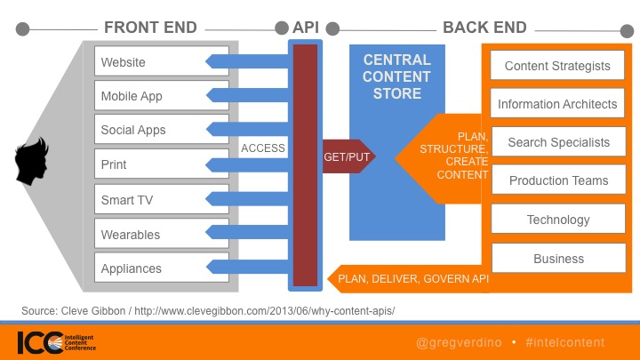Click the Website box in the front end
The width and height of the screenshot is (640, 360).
162,60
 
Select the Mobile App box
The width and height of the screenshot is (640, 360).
162,95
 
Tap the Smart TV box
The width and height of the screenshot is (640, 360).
162,199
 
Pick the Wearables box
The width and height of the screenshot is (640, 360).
162,234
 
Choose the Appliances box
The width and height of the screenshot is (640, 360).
162,268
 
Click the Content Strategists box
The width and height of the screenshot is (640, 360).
557,65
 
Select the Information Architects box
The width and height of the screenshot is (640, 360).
557,103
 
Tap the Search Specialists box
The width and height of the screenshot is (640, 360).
559,141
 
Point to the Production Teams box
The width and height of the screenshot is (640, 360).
559,180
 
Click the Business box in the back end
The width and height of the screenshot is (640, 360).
559,258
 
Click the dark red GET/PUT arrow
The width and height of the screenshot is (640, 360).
348,156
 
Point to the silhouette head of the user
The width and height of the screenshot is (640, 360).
31,161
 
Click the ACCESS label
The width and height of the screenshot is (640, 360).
263,148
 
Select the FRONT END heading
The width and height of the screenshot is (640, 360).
150,28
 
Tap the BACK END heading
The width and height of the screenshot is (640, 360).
485,28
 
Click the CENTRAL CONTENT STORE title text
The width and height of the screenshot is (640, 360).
396,76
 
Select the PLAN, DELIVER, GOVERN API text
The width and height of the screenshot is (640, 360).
413,279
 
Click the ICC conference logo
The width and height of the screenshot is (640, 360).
57,342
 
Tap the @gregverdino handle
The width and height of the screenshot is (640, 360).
459,342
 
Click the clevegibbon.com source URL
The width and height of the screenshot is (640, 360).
265,311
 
